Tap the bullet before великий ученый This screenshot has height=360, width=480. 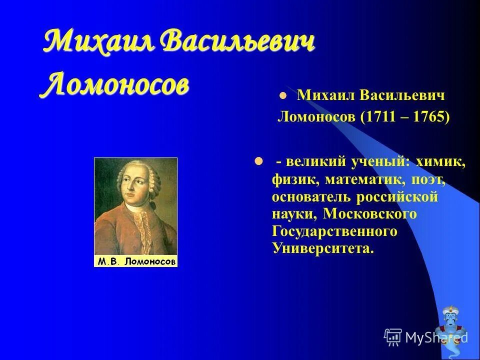point(258,161)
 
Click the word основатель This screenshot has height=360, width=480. point(309,196)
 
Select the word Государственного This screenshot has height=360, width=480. point(334,231)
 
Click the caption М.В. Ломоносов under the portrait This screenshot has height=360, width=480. point(136,261)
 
